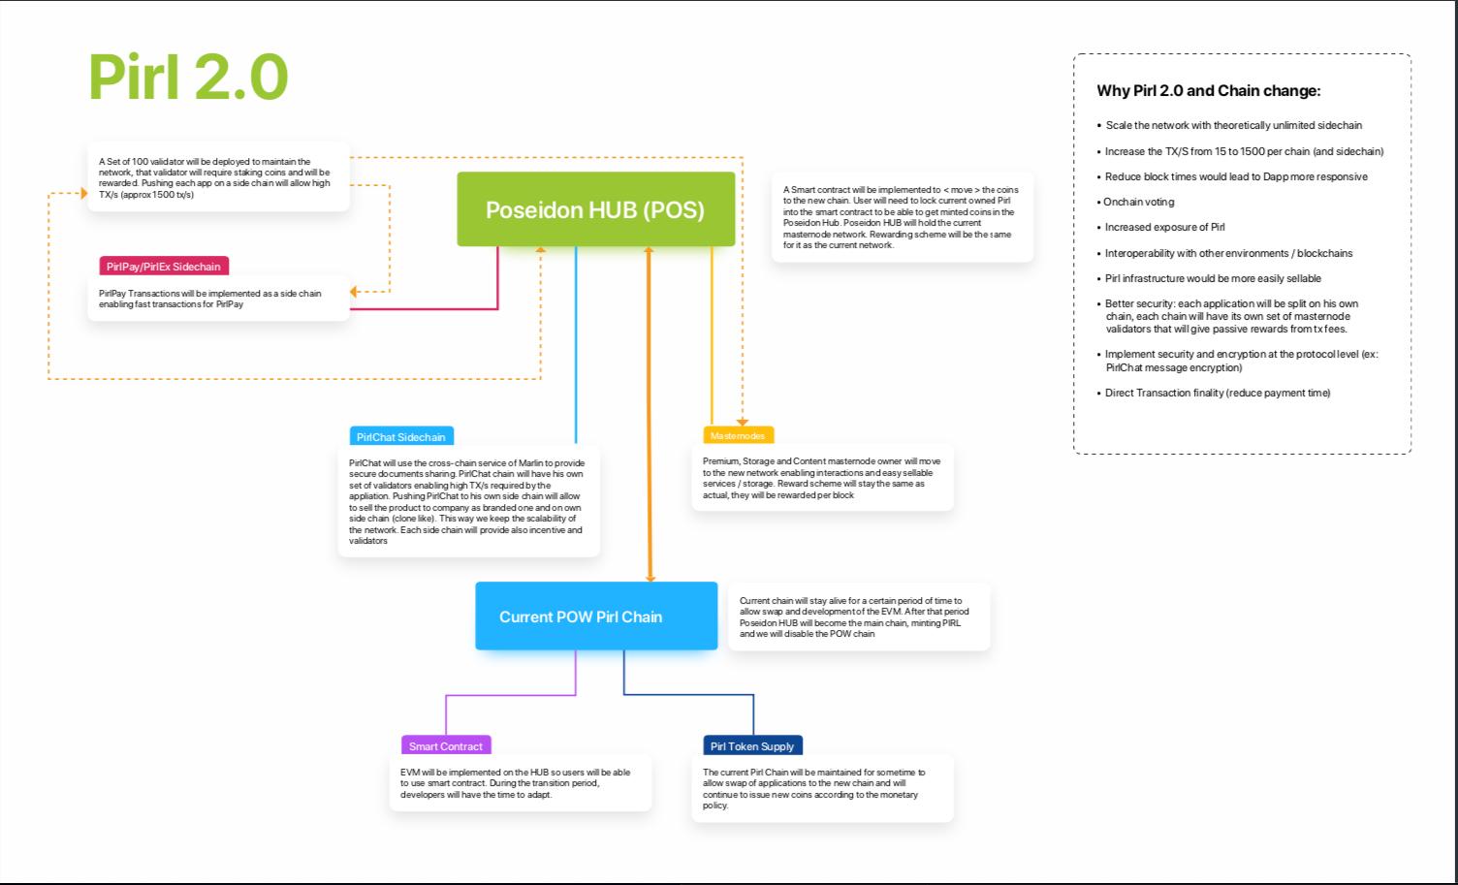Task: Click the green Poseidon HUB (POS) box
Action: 595,209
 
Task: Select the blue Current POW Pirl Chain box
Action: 595,616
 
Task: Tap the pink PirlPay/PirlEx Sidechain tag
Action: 164,267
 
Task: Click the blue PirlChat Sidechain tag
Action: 401,437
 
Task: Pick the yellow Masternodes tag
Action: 738,436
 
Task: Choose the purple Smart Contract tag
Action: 446,746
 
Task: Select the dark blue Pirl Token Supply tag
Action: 752,746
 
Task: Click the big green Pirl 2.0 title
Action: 189,78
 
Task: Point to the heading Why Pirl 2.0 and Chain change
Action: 1209,91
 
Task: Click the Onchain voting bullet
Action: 1139,202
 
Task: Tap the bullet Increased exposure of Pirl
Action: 1165,227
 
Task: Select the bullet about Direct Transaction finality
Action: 1218,393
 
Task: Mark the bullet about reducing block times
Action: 1236,176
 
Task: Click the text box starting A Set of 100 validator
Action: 218,177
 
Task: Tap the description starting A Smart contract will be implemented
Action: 902,217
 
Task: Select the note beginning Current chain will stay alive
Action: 858,616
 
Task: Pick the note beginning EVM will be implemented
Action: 520,783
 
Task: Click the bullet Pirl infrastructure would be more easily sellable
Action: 1213,278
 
